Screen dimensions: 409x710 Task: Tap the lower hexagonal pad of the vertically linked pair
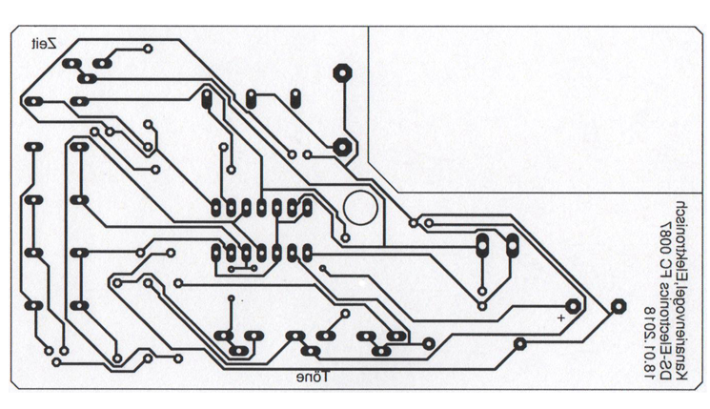pyautogui.click(x=340, y=146)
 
